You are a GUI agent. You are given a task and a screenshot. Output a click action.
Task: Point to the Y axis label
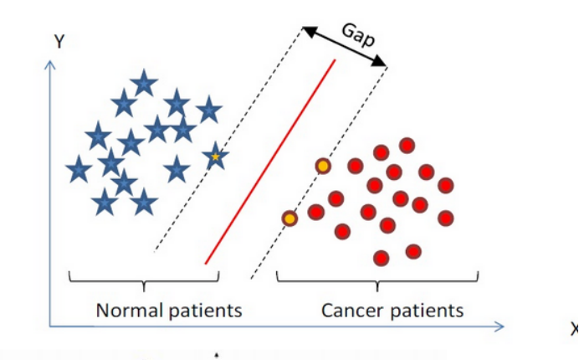click(x=59, y=40)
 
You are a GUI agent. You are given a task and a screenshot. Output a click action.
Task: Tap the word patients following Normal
click(x=205, y=311)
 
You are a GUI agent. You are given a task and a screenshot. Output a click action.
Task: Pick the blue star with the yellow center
click(x=215, y=157)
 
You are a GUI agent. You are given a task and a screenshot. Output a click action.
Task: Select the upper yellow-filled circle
click(x=323, y=166)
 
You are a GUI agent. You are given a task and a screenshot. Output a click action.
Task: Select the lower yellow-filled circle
click(x=289, y=219)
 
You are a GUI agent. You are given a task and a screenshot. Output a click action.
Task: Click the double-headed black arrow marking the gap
click(x=345, y=47)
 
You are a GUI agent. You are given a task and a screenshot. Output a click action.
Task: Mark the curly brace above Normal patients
click(x=143, y=279)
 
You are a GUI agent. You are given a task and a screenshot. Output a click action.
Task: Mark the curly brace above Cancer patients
click(x=377, y=279)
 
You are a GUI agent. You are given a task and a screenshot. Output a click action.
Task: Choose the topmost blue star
click(x=145, y=82)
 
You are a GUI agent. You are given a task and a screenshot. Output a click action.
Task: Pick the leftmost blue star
click(x=79, y=170)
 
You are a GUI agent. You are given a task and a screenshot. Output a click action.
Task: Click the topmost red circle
click(x=407, y=146)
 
